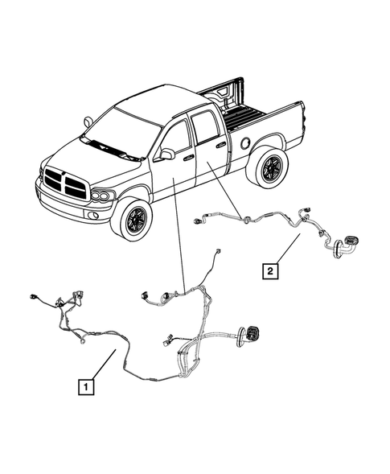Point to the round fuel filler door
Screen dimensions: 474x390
[243, 142]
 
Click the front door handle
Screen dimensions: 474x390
[187, 159]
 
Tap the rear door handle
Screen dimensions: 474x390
[221, 146]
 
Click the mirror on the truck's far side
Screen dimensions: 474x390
[88, 122]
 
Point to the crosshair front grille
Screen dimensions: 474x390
[65, 184]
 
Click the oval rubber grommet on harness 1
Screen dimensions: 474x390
[252, 333]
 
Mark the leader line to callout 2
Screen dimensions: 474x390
[289, 249]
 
